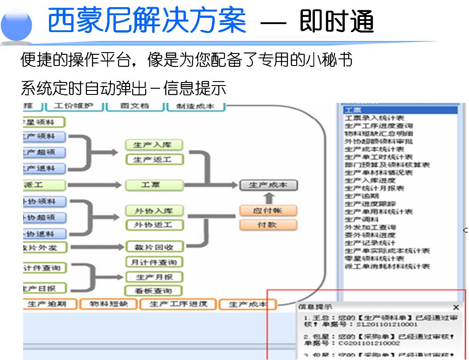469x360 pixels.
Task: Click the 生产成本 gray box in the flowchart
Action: [268, 185]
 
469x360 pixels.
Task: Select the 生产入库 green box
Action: [154, 145]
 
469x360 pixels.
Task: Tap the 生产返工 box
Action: [154, 160]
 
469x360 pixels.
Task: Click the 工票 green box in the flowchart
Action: [154, 185]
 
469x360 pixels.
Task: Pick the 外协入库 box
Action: [154, 211]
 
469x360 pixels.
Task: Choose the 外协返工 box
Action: [154, 225]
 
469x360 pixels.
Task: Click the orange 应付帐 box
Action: [268, 210]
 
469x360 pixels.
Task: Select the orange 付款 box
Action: [268, 225]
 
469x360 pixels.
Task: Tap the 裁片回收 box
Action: [154, 247]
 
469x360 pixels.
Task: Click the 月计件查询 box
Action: [154, 262]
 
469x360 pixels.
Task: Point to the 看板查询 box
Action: [154, 291]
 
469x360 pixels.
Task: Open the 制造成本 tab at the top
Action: [196, 106]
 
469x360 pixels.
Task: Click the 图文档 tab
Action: [135, 106]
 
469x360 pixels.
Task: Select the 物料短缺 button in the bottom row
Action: [109, 304]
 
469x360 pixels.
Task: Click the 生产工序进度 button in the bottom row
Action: [178, 304]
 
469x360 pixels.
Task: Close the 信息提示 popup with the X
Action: [456, 307]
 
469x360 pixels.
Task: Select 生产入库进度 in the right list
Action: [370, 180]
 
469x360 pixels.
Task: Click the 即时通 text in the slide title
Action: [336, 21]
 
